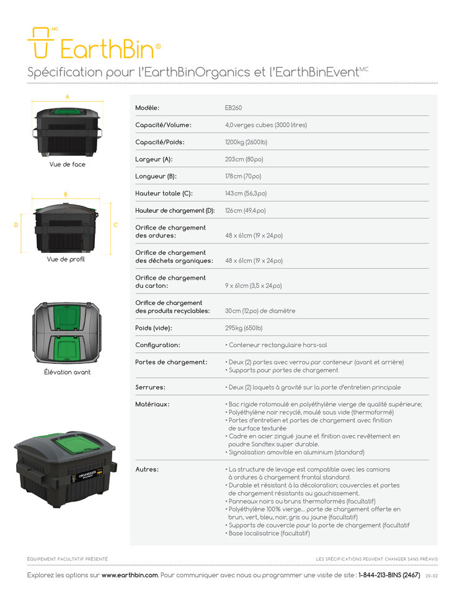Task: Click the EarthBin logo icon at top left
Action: coord(40,43)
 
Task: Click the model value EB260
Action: coord(234,108)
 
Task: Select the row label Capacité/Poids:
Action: coord(160,142)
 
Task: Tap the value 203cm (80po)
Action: coord(244,159)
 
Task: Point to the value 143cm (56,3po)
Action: coord(246,193)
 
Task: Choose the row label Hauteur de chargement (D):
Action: coord(175,211)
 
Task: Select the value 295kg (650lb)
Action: coord(244,328)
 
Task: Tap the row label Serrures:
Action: coord(150,387)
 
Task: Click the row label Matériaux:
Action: coord(152,404)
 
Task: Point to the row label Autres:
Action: coord(147,469)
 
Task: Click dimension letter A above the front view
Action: coord(68,97)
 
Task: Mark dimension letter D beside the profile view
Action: coord(16,225)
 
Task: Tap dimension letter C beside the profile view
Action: coord(115,225)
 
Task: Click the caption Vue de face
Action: coord(67,164)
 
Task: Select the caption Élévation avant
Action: coord(67,372)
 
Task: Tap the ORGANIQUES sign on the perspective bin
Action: coord(88,476)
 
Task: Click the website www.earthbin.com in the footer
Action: coord(130,575)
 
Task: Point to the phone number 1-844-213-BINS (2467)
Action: coord(389,575)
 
